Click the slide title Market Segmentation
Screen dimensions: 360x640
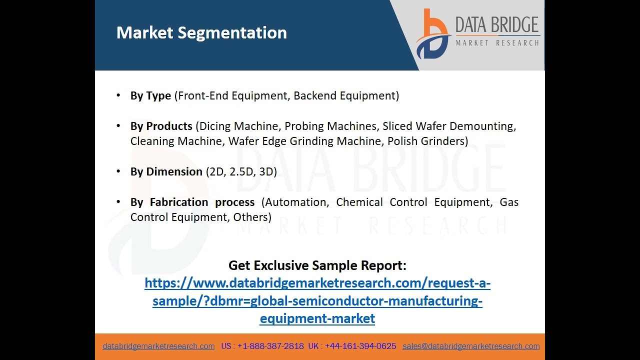click(201, 33)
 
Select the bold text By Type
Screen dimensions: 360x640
click(150, 95)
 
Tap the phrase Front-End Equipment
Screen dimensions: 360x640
click(232, 95)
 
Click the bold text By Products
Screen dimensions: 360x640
click(161, 126)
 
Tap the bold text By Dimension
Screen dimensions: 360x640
click(166, 171)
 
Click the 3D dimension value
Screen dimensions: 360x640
click(266, 171)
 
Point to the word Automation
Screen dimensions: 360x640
click(296, 202)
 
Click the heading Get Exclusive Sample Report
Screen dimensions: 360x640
click(317, 265)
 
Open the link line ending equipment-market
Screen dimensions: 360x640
click(317, 318)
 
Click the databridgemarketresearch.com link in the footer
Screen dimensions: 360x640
click(158, 346)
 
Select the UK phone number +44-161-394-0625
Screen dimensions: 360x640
click(360, 346)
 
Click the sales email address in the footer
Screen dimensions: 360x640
click(471, 346)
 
